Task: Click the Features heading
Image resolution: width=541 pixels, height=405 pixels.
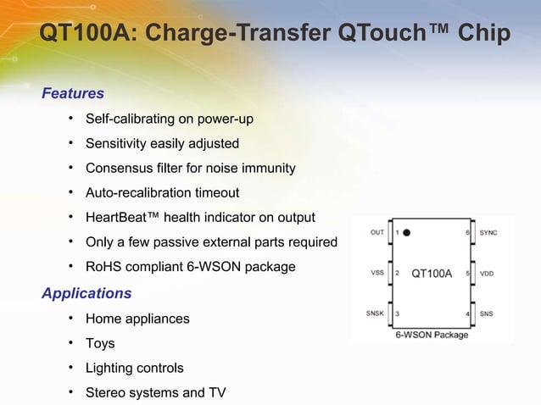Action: coord(73,93)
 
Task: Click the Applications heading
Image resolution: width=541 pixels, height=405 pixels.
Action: coord(86,294)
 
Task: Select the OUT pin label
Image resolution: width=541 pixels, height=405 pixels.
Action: coord(377,232)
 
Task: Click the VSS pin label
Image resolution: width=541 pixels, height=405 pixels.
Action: coord(377,274)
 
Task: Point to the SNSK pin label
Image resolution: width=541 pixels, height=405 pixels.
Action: coord(375,313)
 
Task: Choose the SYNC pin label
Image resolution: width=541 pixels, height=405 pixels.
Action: coord(488,232)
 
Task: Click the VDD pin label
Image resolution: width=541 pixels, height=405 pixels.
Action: coord(487,274)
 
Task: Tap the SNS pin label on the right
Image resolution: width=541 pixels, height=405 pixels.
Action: coord(486,313)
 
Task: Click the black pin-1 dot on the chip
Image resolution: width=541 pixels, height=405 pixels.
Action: coord(408,232)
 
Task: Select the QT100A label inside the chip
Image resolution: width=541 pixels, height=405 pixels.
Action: coord(432,274)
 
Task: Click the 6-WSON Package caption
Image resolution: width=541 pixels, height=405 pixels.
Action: coord(432,335)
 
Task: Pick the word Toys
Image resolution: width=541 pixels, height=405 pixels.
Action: coord(100,344)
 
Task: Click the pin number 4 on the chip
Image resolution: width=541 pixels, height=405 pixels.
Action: coord(466,314)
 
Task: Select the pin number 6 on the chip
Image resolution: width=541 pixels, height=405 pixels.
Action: coord(466,232)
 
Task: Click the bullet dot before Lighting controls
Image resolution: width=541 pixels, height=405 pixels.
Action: coord(73,369)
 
